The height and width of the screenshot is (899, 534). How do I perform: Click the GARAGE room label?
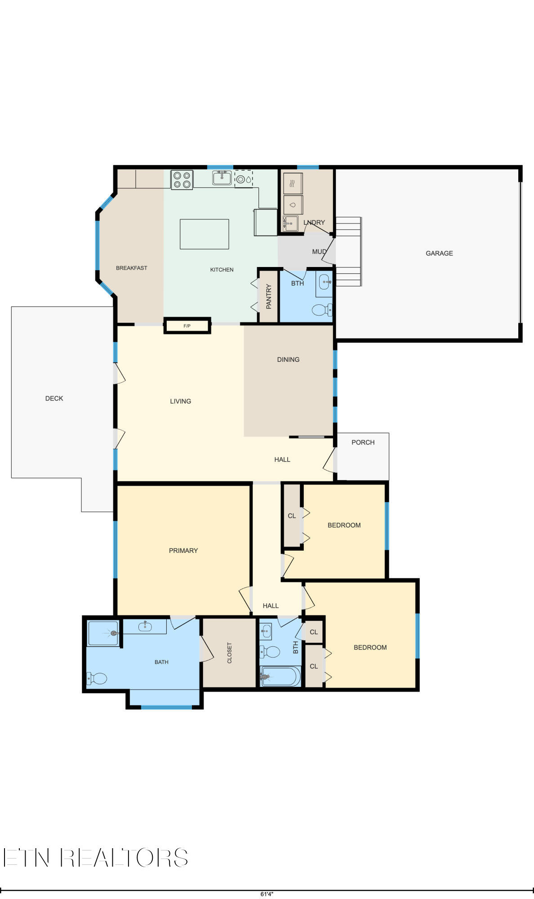(x=439, y=253)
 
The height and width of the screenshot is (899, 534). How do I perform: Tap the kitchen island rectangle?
(x=204, y=234)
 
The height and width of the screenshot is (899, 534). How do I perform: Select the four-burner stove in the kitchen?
(x=182, y=179)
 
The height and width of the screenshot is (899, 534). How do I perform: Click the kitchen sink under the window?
(x=222, y=178)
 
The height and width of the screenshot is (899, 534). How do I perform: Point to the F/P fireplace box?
(x=187, y=325)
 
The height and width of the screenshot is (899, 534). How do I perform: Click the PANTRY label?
(x=269, y=296)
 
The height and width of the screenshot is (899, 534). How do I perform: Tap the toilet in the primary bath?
(x=97, y=678)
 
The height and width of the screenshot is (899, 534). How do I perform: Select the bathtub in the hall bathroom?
(x=281, y=676)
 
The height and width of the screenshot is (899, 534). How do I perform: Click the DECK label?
(x=54, y=398)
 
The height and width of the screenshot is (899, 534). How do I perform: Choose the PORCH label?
(x=363, y=442)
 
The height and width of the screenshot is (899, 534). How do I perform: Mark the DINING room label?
(x=288, y=360)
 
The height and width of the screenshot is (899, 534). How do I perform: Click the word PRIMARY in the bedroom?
(x=183, y=551)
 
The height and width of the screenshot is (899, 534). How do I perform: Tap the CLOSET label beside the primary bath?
(x=230, y=653)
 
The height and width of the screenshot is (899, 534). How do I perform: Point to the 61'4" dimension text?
(x=267, y=894)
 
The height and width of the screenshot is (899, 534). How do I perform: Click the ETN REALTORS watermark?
(x=96, y=858)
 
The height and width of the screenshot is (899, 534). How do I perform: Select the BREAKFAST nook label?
(x=131, y=268)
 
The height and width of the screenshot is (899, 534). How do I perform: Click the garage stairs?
(x=349, y=251)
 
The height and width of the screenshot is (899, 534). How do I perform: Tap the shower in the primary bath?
(x=103, y=633)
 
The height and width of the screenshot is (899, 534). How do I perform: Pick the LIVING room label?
(x=180, y=401)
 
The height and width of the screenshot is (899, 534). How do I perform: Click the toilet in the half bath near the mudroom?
(x=322, y=310)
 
